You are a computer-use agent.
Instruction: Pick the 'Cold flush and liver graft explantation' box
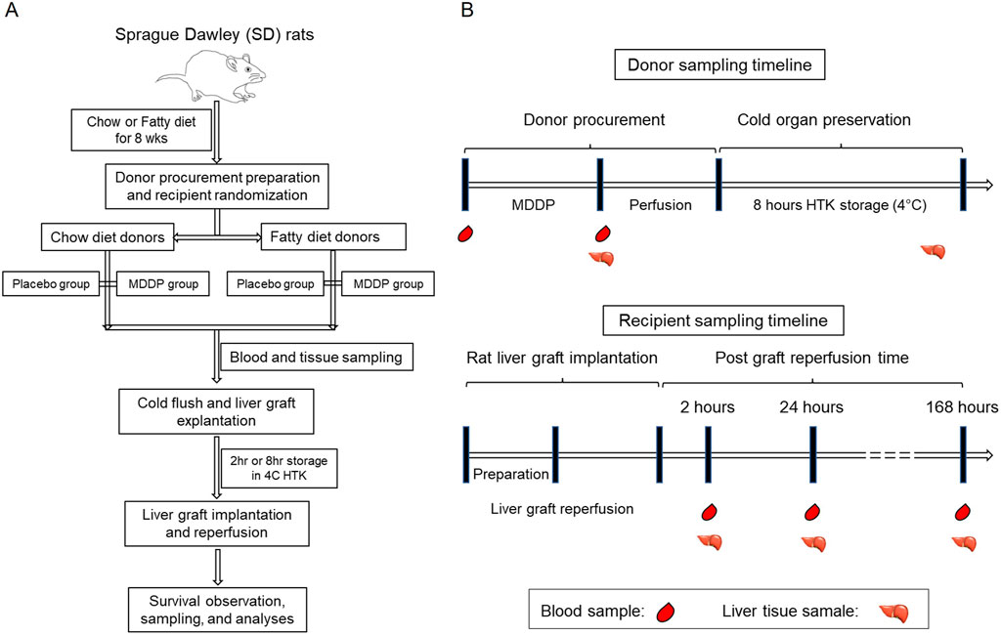coord(214,411)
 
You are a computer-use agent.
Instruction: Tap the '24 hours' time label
coord(810,407)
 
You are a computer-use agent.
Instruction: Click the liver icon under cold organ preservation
coord(934,252)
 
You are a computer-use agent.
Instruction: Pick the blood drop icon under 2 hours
coord(709,513)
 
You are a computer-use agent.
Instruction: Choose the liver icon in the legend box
coord(895,613)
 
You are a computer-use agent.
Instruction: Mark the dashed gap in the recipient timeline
coord(890,455)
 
